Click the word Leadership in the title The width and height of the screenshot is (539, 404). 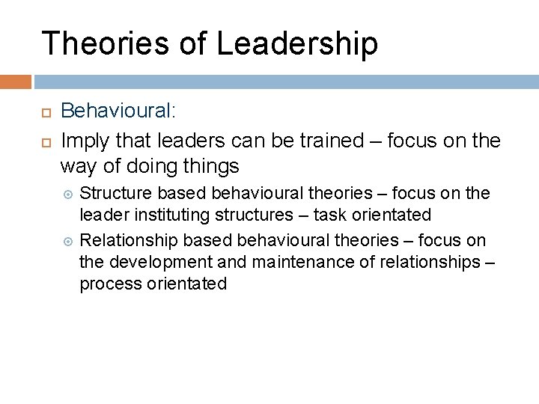(x=297, y=44)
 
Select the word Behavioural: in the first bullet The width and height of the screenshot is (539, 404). (x=118, y=111)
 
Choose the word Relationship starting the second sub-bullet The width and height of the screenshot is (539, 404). (x=127, y=239)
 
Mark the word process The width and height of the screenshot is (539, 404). (x=109, y=285)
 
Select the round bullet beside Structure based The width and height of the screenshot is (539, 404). (x=70, y=194)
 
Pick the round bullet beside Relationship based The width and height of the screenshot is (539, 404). (x=70, y=240)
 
